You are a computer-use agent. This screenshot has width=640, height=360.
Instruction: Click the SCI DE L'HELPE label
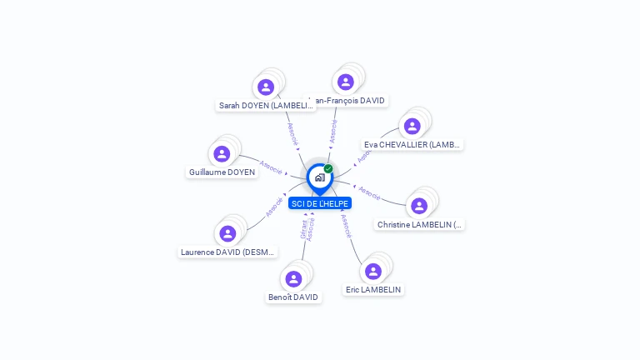(320, 203)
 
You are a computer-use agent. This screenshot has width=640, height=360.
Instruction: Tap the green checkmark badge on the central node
(328, 169)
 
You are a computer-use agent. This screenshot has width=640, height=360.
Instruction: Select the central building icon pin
(319, 177)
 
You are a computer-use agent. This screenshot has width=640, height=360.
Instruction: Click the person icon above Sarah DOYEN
(266, 87)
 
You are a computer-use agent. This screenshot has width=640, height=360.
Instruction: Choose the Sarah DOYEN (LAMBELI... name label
(266, 106)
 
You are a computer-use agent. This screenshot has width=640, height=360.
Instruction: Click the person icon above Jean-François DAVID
(346, 82)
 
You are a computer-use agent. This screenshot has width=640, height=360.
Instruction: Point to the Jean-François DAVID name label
(348, 100)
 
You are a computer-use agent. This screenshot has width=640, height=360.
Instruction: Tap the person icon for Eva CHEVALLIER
(412, 127)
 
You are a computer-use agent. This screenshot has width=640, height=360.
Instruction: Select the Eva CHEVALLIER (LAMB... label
(412, 144)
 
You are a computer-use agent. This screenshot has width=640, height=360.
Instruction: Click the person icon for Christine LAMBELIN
(419, 206)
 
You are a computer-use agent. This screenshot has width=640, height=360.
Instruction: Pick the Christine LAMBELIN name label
(420, 224)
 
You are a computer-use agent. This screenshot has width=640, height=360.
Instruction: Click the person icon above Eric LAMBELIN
(373, 271)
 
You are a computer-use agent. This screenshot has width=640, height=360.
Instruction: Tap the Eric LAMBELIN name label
(373, 289)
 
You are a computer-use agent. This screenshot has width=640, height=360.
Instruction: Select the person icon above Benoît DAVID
(293, 279)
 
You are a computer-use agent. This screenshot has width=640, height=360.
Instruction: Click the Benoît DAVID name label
(293, 297)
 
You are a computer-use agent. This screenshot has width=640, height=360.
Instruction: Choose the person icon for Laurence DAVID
(228, 233)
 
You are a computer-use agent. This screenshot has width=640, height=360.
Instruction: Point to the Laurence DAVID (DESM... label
(228, 252)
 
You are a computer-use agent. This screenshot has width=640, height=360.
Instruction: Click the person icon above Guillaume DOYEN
(222, 153)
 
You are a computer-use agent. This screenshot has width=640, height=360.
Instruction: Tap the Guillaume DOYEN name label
(222, 172)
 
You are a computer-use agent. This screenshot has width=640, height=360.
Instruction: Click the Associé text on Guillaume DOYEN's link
(271, 165)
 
